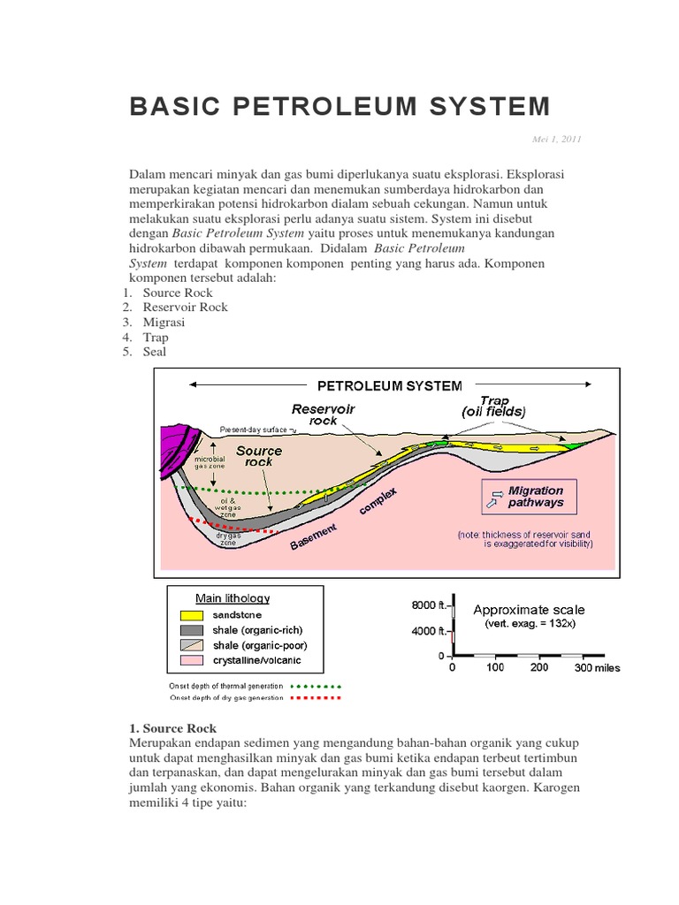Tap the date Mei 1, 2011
click(x=557, y=139)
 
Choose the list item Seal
click(x=154, y=352)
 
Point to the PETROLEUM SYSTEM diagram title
click(x=389, y=385)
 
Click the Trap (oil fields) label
click(x=492, y=407)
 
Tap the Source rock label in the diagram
click(x=258, y=456)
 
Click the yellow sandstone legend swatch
click(x=192, y=615)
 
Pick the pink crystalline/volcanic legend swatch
click(x=192, y=660)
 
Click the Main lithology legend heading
click(x=233, y=598)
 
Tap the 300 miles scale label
click(x=599, y=667)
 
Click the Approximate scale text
click(x=529, y=610)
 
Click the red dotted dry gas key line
click(x=316, y=697)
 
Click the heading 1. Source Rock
click(x=173, y=728)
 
